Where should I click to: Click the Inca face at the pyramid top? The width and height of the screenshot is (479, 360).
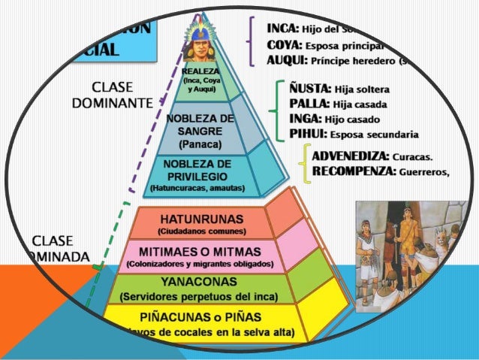pos(200,50)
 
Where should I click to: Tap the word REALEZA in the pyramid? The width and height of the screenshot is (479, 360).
pos(200,71)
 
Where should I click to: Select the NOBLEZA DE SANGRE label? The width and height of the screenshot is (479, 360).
pos(200,125)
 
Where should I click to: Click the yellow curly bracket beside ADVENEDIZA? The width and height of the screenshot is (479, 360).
pos(303,163)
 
